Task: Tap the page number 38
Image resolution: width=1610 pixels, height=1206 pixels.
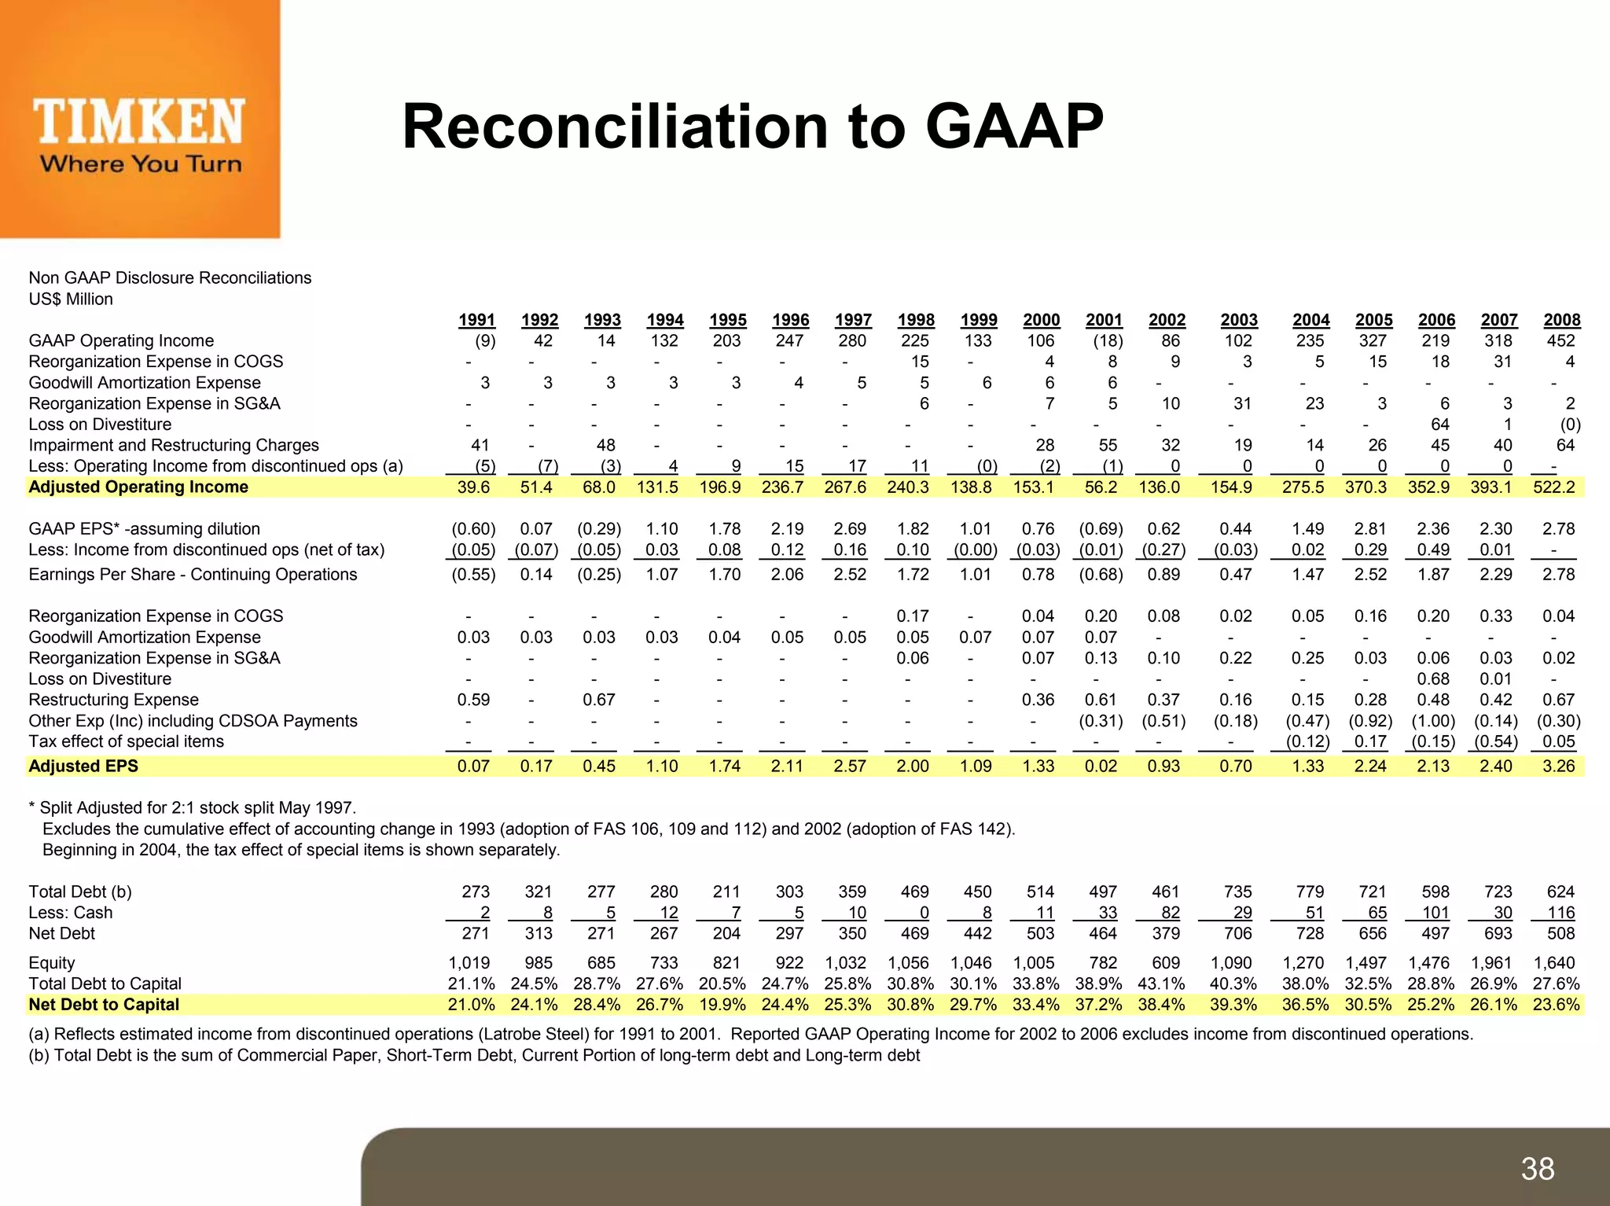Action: [x=1538, y=1168]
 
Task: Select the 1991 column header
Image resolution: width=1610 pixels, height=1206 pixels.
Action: [x=476, y=320]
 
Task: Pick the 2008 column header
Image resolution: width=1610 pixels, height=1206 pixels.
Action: [x=1561, y=320]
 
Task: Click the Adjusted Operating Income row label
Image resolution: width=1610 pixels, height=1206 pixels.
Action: [x=138, y=487]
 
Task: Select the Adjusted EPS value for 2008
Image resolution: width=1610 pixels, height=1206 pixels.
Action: [x=1558, y=766]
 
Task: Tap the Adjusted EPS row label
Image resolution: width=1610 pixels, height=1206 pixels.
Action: [x=83, y=766]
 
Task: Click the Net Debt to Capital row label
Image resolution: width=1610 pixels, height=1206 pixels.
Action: [x=104, y=1004]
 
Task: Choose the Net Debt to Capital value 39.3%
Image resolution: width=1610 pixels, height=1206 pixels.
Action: [x=1233, y=1004]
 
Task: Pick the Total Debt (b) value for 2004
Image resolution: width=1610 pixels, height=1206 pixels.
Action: [x=1310, y=892]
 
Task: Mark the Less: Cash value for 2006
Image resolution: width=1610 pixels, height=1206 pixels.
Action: [x=1435, y=912]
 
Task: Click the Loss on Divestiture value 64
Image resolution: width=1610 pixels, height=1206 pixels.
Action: [x=1439, y=425]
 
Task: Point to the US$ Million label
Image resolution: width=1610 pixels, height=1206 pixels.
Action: [x=71, y=299]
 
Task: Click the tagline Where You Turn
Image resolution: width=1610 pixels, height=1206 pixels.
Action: [x=141, y=164]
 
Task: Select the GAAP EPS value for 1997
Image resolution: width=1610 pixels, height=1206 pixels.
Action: [x=850, y=529]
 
